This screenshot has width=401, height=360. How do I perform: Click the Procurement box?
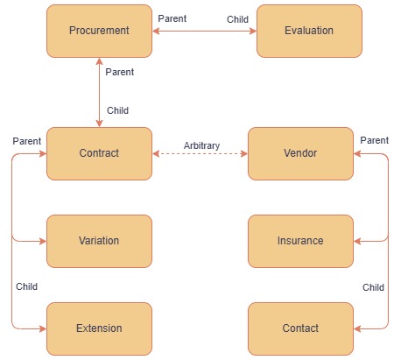[99, 31]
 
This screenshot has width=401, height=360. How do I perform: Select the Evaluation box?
[309, 31]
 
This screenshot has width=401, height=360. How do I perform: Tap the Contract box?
[99, 153]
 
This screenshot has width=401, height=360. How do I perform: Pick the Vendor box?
[300, 153]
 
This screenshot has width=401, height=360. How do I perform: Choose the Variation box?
[99, 241]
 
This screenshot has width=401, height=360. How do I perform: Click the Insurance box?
[300, 241]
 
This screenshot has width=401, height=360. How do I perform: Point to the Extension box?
[99, 328]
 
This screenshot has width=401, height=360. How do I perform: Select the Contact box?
[300, 328]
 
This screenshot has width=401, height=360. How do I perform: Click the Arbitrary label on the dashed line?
[201, 145]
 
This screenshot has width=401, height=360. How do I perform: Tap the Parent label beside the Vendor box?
[375, 140]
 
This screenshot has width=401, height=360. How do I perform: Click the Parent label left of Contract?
[27, 141]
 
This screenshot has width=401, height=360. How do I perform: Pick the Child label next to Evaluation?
[237, 19]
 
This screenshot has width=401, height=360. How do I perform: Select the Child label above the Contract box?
[117, 110]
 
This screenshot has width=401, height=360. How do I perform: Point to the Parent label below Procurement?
[120, 72]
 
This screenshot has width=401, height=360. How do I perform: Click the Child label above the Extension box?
[26, 286]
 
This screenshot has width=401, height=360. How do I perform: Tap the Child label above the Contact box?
[373, 287]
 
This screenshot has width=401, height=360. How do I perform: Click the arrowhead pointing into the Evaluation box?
[253, 31]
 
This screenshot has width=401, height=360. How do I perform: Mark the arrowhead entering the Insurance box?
[357, 241]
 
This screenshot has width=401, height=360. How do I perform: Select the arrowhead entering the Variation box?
[43, 241]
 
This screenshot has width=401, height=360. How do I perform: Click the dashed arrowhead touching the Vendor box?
[244, 153]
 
